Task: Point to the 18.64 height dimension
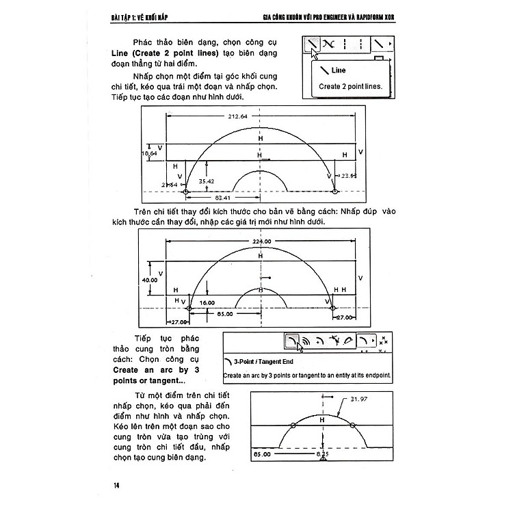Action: click(149, 155)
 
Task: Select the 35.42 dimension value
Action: click(207, 181)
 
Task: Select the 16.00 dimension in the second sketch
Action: click(207, 301)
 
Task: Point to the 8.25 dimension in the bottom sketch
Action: click(322, 453)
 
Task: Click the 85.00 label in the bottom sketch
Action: click(263, 453)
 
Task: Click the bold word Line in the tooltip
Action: click(339, 70)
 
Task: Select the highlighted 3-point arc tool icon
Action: click(292, 340)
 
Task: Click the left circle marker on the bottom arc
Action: click(293, 425)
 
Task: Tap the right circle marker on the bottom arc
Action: click(352, 425)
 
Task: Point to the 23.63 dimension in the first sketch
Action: click(349, 176)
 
